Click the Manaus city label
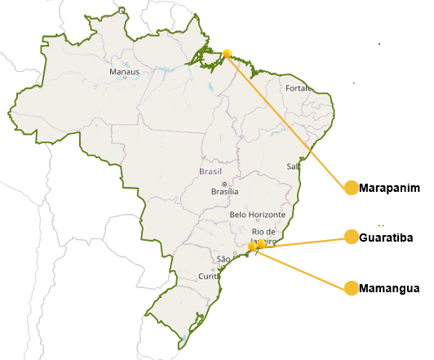click(x=125, y=72)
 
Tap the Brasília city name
click(x=224, y=192)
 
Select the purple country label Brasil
click(x=210, y=171)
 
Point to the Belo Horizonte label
click(x=258, y=214)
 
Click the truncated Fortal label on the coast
click(x=296, y=88)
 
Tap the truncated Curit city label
click(x=210, y=277)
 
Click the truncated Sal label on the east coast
click(x=294, y=166)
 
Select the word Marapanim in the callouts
click(x=389, y=188)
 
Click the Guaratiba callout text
click(x=386, y=238)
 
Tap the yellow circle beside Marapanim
click(x=352, y=188)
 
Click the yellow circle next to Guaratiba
click(x=352, y=238)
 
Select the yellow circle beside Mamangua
click(x=352, y=288)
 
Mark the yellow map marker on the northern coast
click(x=227, y=53)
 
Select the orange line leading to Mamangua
click(x=302, y=267)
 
